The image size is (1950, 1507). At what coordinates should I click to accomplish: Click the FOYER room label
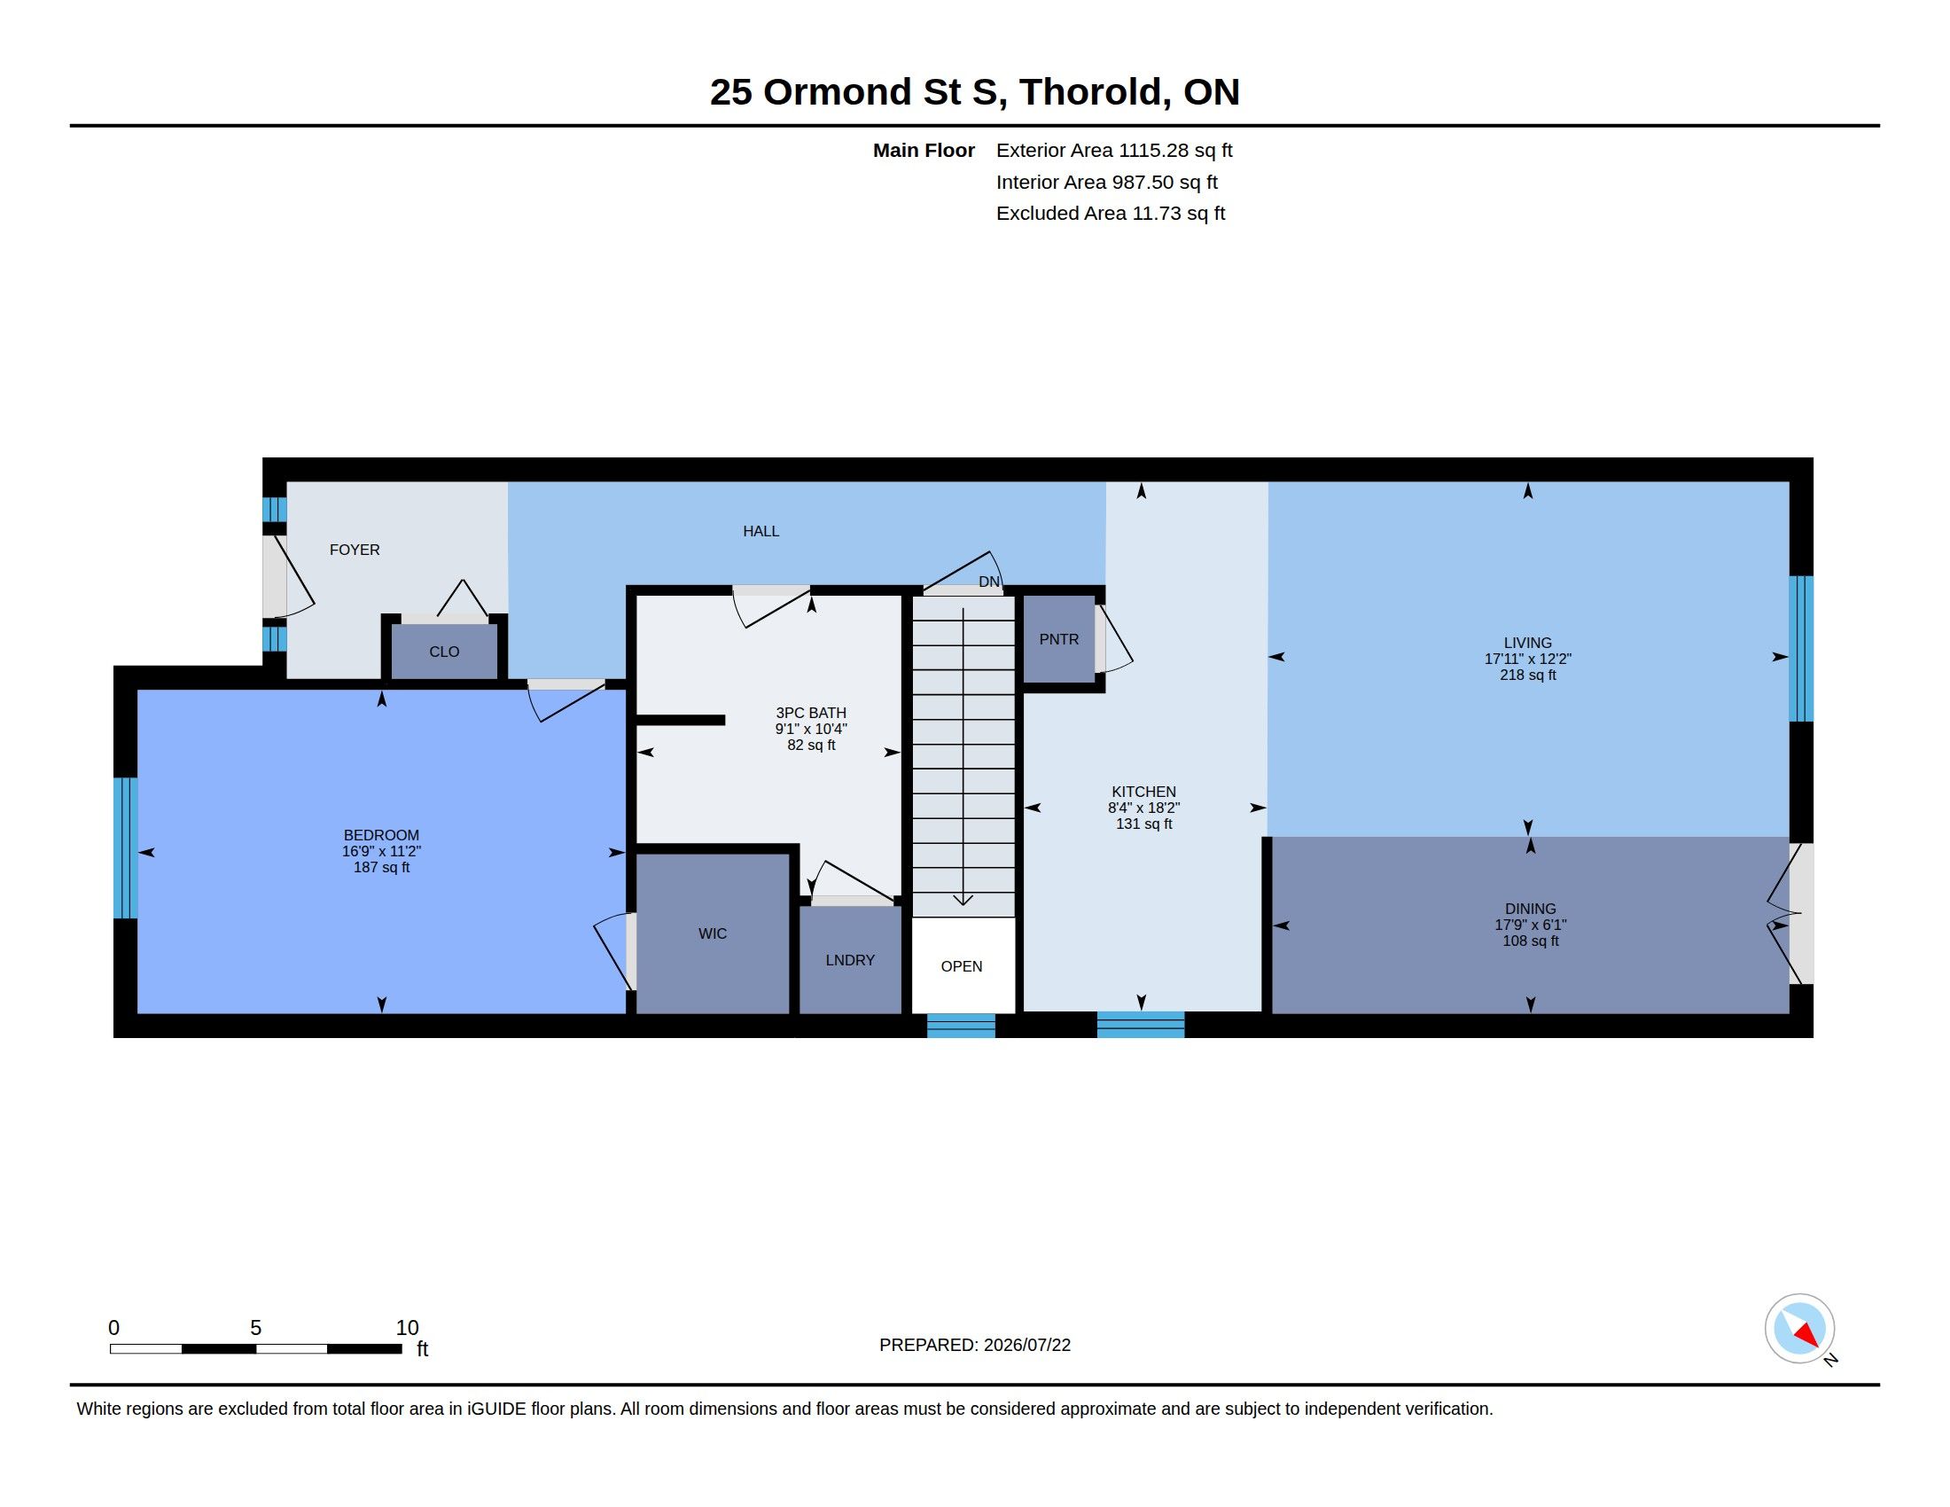(x=355, y=550)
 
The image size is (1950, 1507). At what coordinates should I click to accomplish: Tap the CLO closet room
(x=445, y=651)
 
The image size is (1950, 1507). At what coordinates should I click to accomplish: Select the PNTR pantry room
(x=1059, y=639)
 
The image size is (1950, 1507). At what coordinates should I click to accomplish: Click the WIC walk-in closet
(x=713, y=933)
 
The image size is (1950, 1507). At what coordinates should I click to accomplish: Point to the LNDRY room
(x=850, y=961)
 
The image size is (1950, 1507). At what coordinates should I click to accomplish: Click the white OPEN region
(x=963, y=965)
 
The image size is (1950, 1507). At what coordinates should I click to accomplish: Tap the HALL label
(x=760, y=531)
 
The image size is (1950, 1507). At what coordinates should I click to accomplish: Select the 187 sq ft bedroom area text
(x=381, y=867)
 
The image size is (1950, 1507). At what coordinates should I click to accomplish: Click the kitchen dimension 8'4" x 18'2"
(x=1143, y=808)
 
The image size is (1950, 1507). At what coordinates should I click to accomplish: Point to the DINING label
(x=1531, y=909)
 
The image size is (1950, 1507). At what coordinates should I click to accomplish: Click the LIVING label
(x=1528, y=643)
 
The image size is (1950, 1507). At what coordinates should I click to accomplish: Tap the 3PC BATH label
(x=811, y=713)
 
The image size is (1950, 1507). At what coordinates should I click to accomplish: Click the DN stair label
(x=989, y=582)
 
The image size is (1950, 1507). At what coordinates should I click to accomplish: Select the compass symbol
(x=1800, y=1329)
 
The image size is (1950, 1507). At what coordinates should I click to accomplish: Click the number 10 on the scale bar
(x=407, y=1328)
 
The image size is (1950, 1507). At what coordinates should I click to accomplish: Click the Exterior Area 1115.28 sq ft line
(x=1114, y=150)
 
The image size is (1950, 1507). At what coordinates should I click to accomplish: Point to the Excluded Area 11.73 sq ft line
(x=1111, y=214)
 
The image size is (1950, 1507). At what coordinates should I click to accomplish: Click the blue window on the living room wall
(x=1802, y=648)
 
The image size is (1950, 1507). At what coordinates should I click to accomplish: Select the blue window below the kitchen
(x=1141, y=1025)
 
